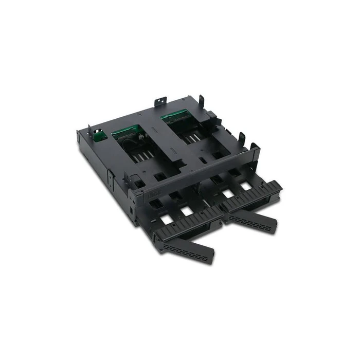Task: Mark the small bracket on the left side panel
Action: (x=110, y=174)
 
